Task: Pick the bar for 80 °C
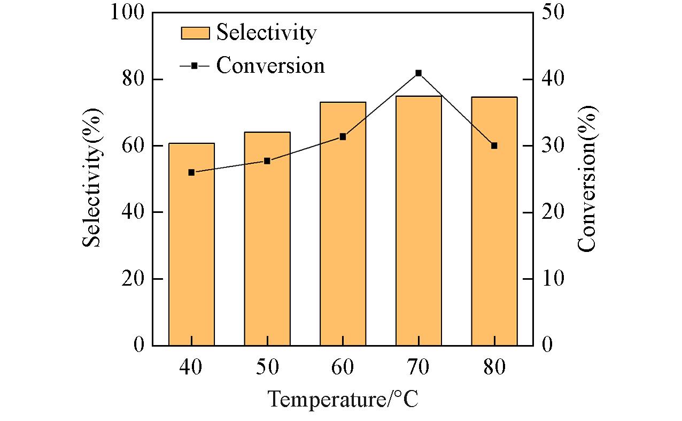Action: click(x=494, y=225)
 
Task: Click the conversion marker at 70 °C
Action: click(x=418, y=73)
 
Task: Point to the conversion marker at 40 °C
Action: click(x=191, y=172)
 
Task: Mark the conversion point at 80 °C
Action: click(x=494, y=146)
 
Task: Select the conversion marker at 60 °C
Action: click(x=343, y=136)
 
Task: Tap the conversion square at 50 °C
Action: click(x=267, y=160)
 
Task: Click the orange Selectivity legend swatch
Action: click(x=194, y=33)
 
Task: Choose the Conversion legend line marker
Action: click(x=194, y=65)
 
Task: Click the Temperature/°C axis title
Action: click(x=342, y=399)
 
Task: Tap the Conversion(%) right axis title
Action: click(x=587, y=179)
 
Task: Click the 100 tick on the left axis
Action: click(x=127, y=13)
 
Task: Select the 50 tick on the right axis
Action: click(x=553, y=13)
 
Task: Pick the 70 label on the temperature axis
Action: click(x=418, y=369)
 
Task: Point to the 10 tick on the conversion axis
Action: click(x=553, y=279)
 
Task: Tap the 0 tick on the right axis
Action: click(x=547, y=345)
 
